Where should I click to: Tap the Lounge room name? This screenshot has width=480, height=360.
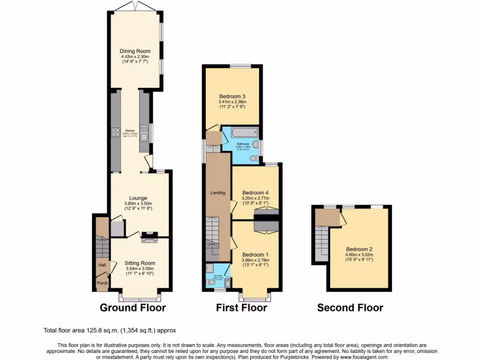(138, 198)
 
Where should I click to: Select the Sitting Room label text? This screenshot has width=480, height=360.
(140, 263)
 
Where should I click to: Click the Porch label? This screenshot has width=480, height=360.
(102, 283)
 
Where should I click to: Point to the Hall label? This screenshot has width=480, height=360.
(102, 265)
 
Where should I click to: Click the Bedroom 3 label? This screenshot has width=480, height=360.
(232, 96)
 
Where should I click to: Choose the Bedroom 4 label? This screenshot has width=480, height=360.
(255, 193)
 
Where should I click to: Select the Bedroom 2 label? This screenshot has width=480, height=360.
(360, 249)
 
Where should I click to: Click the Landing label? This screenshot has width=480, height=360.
(217, 193)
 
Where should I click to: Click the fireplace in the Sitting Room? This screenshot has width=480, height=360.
(150, 237)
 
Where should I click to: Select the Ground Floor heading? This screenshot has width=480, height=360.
(133, 308)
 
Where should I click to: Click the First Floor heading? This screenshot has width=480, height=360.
(241, 308)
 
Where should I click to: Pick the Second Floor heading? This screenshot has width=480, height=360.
(350, 308)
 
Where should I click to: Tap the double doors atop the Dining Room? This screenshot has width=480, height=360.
(135, 6)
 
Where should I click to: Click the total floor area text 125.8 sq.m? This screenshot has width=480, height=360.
(110, 330)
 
